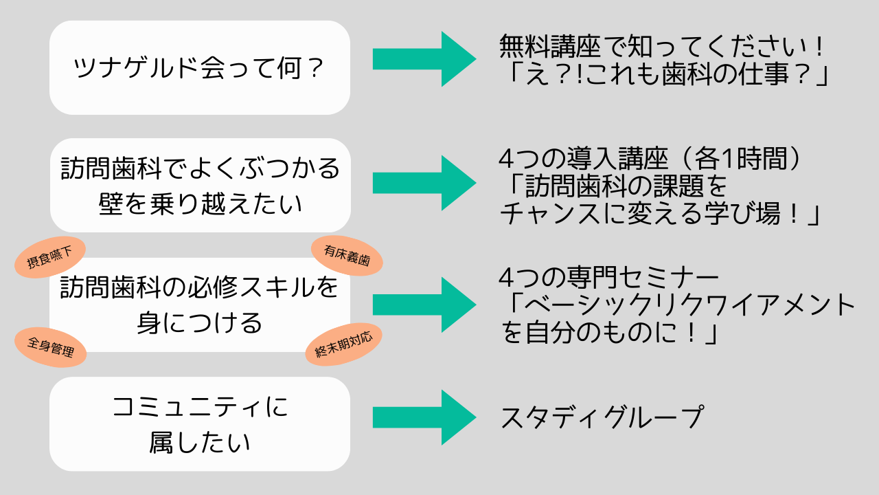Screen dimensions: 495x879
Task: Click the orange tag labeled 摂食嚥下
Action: (49, 257)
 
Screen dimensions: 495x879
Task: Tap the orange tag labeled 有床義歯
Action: (347, 256)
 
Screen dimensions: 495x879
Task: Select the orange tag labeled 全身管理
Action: (51, 347)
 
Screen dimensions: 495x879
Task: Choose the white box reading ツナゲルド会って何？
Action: (200, 67)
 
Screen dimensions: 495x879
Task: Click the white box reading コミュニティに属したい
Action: (200, 424)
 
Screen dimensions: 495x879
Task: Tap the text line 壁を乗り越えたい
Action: (200, 203)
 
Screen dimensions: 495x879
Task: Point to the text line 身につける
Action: (200, 322)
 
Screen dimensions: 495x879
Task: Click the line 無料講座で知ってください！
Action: (663, 47)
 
